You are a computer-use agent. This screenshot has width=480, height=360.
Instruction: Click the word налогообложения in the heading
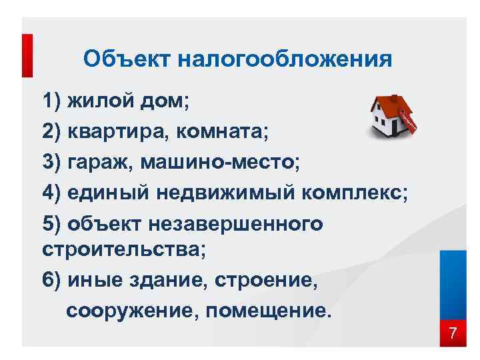[283, 59]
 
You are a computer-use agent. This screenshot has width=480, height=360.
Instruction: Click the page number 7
[453, 333]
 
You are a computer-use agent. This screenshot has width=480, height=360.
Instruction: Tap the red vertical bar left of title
[27, 57]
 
